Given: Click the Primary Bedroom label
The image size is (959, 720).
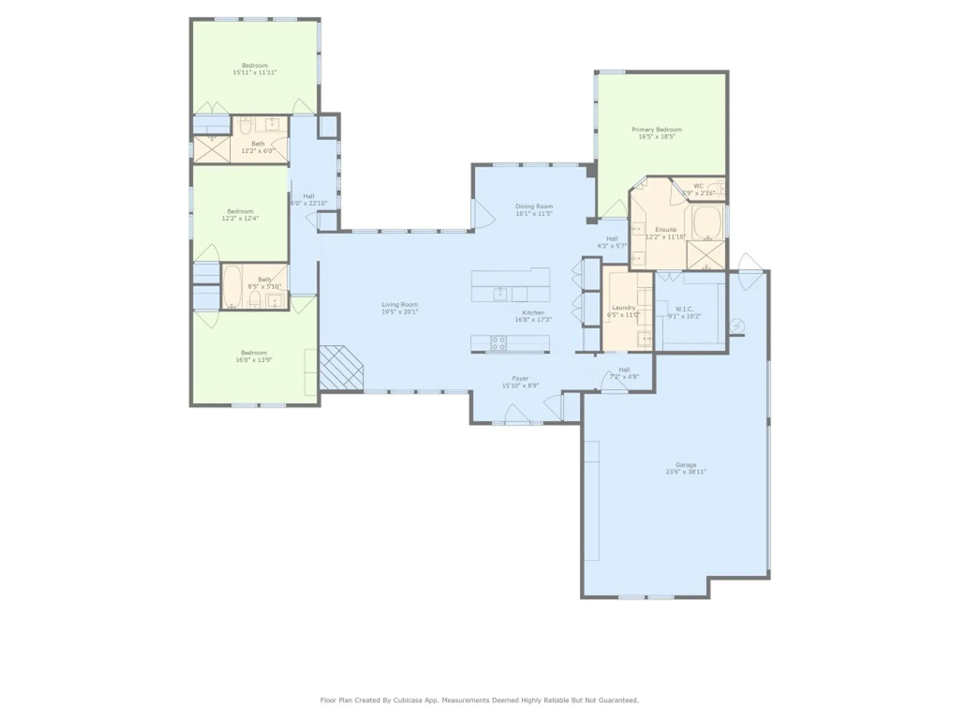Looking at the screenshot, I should [x=656, y=130].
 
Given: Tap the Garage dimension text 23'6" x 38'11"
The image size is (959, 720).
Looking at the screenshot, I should [x=686, y=472].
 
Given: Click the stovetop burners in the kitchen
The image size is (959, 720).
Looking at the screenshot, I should [x=498, y=343].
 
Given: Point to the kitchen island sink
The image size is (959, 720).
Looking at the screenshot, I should [x=500, y=293].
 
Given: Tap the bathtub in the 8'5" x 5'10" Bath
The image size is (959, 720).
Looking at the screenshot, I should [x=233, y=286].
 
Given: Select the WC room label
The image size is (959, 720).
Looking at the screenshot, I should [x=699, y=186].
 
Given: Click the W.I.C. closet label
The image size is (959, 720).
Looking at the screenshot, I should [x=684, y=309].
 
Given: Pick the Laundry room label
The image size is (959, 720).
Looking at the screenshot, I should [x=623, y=308].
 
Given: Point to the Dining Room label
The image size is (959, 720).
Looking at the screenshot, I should [x=534, y=206].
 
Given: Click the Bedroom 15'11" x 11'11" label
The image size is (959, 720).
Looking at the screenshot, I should [x=255, y=65].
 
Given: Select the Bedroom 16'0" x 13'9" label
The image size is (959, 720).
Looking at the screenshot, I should [x=254, y=353].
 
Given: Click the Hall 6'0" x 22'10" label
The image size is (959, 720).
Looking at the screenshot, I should [x=309, y=196].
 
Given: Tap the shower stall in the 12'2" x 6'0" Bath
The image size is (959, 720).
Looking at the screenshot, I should [x=211, y=149].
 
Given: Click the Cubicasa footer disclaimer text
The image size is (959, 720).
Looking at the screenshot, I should [x=479, y=700].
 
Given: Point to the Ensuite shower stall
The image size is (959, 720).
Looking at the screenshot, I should [x=706, y=255].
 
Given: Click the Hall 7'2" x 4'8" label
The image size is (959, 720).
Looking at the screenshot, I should [x=624, y=370].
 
